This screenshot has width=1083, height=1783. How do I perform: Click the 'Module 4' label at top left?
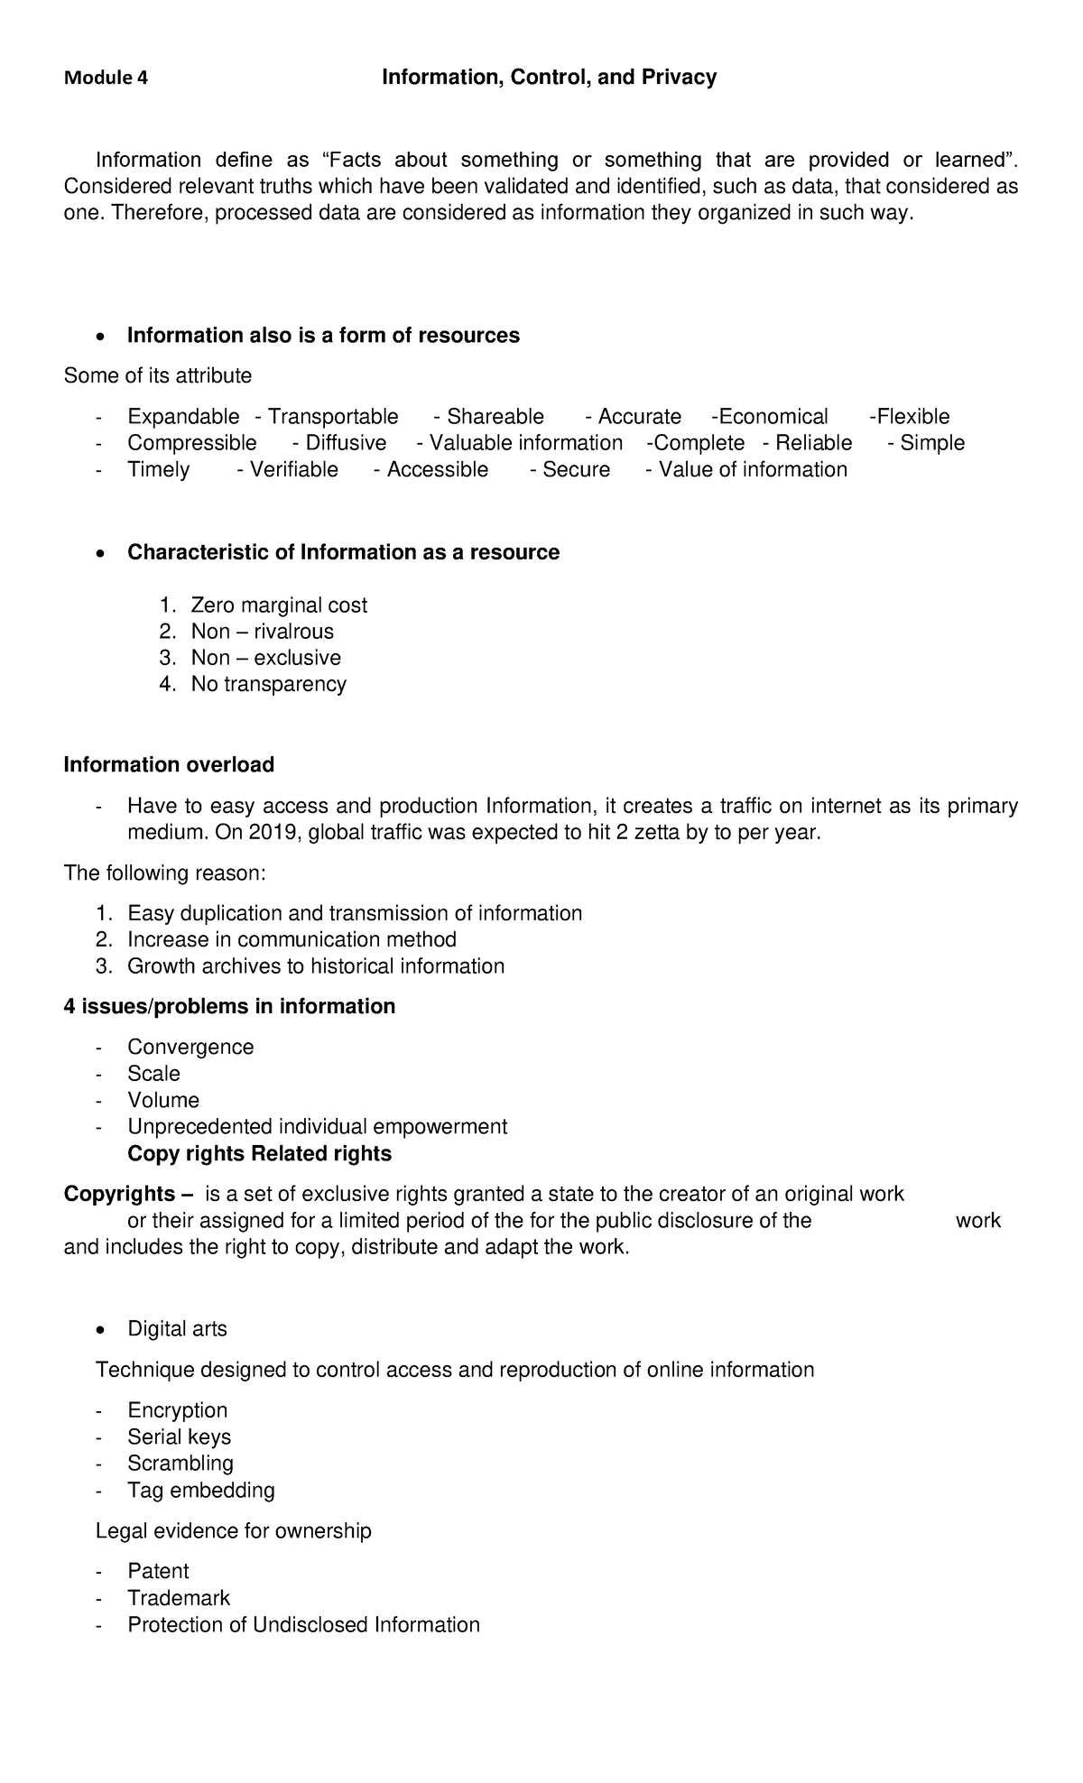pos(106,79)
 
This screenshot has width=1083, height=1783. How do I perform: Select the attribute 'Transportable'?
pos(332,417)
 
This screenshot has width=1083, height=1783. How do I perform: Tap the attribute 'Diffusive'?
pos(346,443)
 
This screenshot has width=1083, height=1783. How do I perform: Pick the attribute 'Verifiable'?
pos(293,470)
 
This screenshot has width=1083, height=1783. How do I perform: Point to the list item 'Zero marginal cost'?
pos(279,605)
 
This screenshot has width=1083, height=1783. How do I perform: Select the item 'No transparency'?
pos(268,684)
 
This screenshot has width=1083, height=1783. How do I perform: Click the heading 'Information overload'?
pos(169,765)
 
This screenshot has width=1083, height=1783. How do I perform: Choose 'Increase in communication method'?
pos(292,940)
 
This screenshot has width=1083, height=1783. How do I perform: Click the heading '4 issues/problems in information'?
pos(229,1007)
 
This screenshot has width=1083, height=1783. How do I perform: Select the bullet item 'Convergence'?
pos(190,1048)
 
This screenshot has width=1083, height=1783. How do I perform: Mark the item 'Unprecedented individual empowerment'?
pos(317,1127)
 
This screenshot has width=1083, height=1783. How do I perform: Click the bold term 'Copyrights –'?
pos(128,1195)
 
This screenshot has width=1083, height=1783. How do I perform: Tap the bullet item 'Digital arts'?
pos(177,1329)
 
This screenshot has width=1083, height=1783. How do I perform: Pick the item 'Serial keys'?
pos(179,1437)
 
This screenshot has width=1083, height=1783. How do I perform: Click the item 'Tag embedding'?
pos(200,1490)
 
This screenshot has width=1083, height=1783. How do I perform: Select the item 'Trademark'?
pos(179,1598)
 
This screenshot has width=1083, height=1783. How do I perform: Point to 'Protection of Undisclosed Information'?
pos(303,1625)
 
